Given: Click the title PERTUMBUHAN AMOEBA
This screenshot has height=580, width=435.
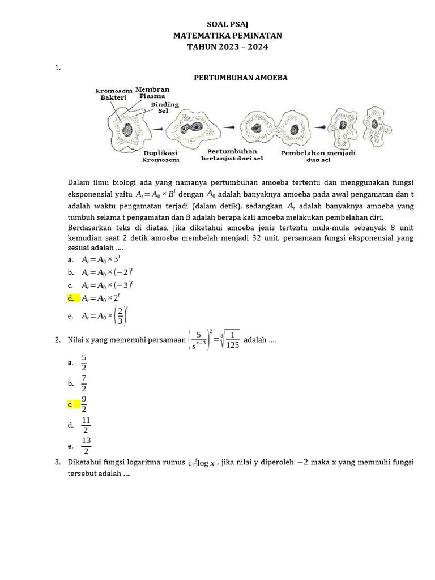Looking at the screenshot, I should coord(241,78).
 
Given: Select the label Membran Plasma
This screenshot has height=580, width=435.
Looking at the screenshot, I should coord(152,92).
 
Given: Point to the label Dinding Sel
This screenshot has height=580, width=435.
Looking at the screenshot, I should coord(165,108).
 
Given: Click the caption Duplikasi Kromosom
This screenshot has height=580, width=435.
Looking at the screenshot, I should coord(161,156).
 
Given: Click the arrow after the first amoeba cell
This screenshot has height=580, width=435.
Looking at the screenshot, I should coord(161,129).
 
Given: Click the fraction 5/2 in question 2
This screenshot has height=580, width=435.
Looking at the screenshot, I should coord(84,362).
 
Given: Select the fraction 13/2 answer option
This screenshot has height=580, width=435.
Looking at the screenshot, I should coord(86,445).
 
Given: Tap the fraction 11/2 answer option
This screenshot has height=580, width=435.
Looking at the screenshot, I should coord(86,424).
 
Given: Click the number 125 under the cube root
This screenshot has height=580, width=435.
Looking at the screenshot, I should coord(232,345).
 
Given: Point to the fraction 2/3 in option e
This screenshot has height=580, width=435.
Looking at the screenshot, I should coord(120,315).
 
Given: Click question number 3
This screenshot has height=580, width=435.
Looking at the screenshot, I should coord(58,462).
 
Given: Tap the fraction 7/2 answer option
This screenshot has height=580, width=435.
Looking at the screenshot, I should coord(84,383).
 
